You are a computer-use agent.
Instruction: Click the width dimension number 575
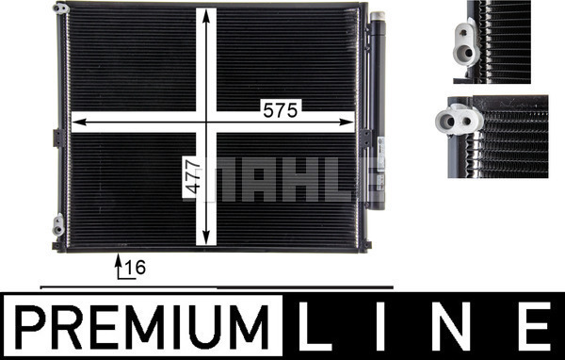281,110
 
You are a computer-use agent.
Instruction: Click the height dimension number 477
190,177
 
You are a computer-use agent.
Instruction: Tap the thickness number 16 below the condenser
136,268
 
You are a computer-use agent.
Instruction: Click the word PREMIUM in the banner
142,326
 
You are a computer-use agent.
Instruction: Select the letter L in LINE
315,326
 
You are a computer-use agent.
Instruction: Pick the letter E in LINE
534,326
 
